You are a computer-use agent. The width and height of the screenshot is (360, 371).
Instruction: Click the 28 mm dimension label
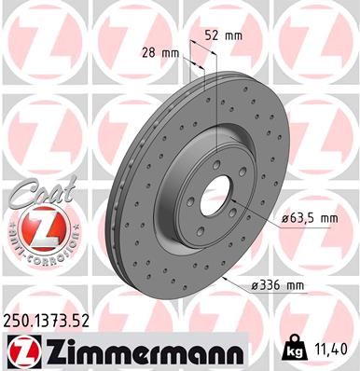159,52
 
